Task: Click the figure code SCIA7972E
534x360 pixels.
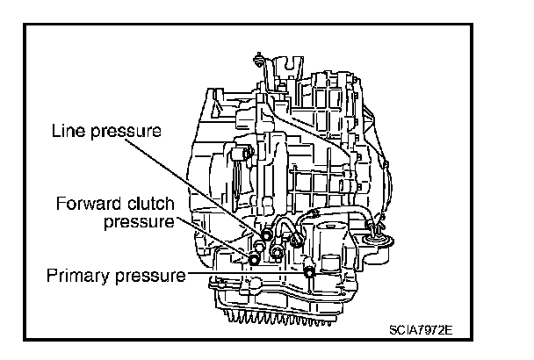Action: pyautogui.click(x=425, y=330)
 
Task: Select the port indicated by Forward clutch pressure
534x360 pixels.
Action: pyautogui.click(x=254, y=257)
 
